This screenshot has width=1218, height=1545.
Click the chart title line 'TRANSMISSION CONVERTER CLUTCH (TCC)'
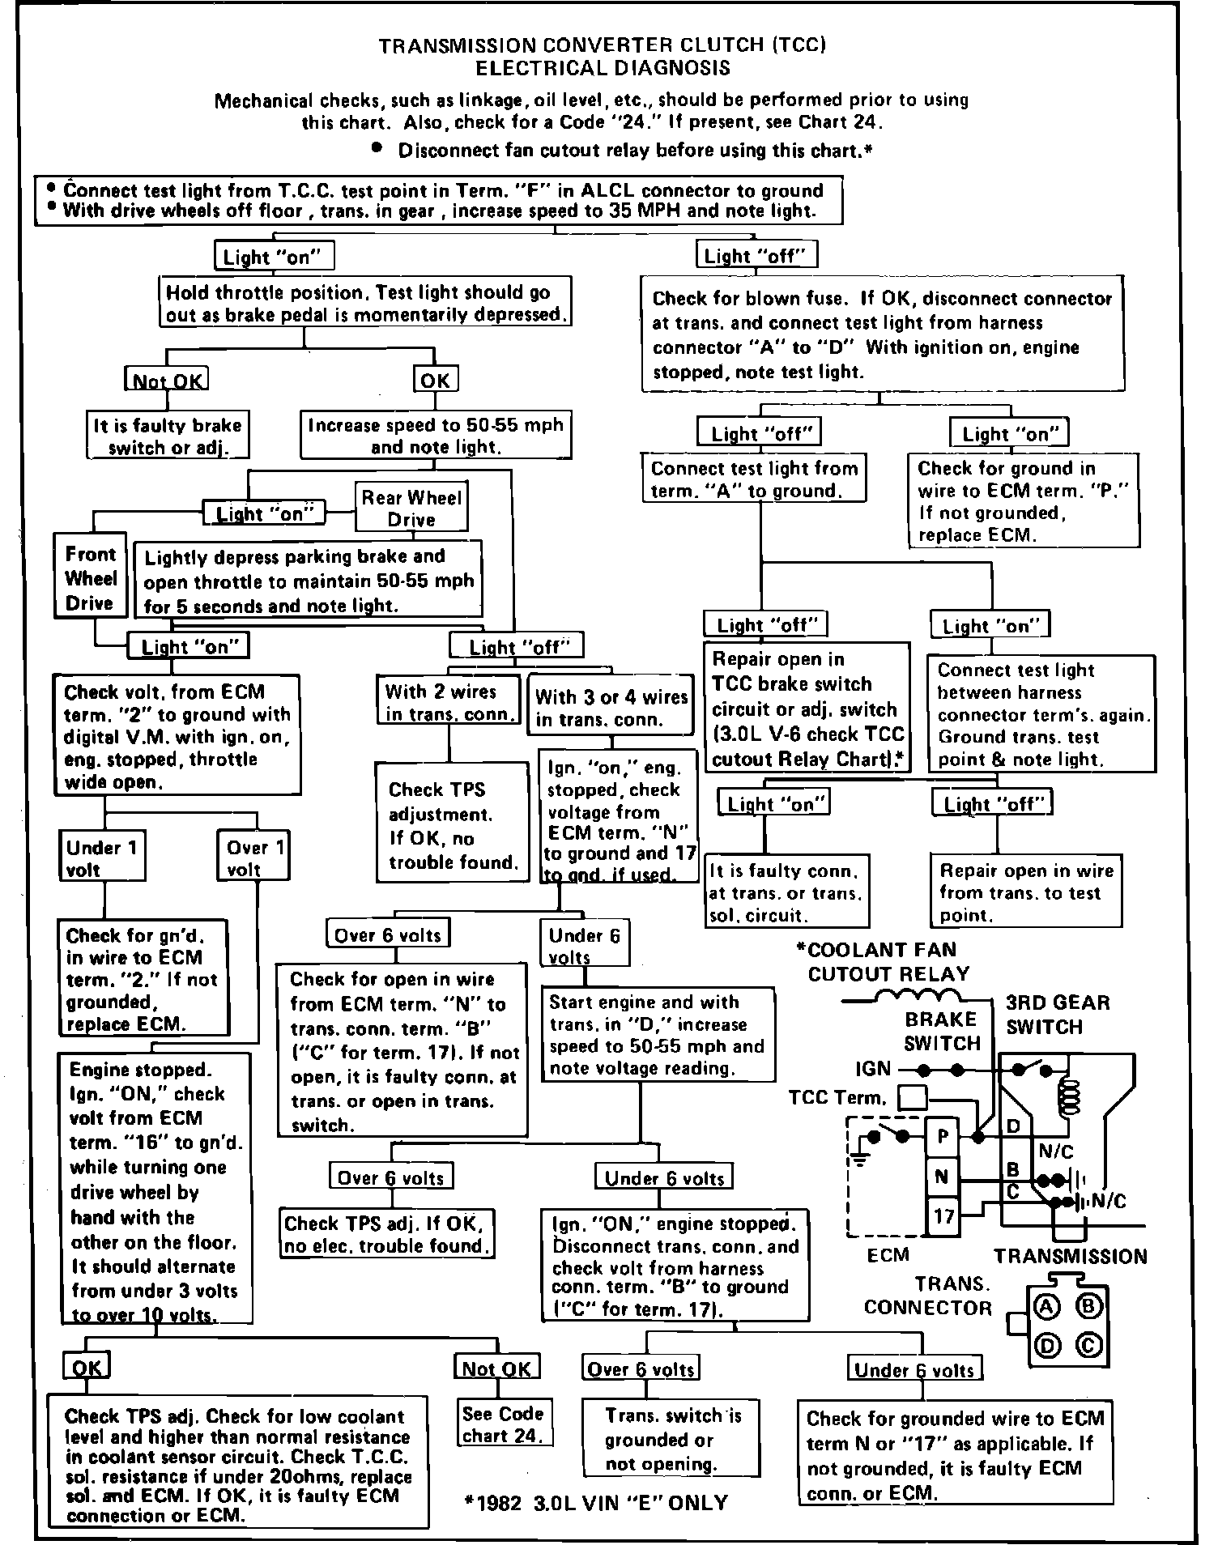tap(603, 45)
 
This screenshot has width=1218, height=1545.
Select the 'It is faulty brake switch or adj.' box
tap(168, 436)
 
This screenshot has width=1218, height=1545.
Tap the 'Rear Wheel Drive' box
tap(411, 508)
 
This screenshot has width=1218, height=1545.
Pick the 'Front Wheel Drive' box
tap(90, 578)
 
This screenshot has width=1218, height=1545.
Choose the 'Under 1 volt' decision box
tap(103, 858)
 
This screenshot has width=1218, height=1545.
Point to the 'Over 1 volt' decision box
tap(255, 858)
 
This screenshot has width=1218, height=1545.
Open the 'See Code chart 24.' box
tap(502, 1424)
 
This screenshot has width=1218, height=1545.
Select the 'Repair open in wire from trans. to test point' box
tap(1026, 892)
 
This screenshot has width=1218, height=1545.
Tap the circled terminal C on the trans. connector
tap(1088, 1345)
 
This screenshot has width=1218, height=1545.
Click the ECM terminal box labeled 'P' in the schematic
tap(943, 1136)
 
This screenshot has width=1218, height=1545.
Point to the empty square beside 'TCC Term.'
tap(914, 1097)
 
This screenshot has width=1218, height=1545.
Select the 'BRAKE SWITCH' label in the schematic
tap(941, 1031)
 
